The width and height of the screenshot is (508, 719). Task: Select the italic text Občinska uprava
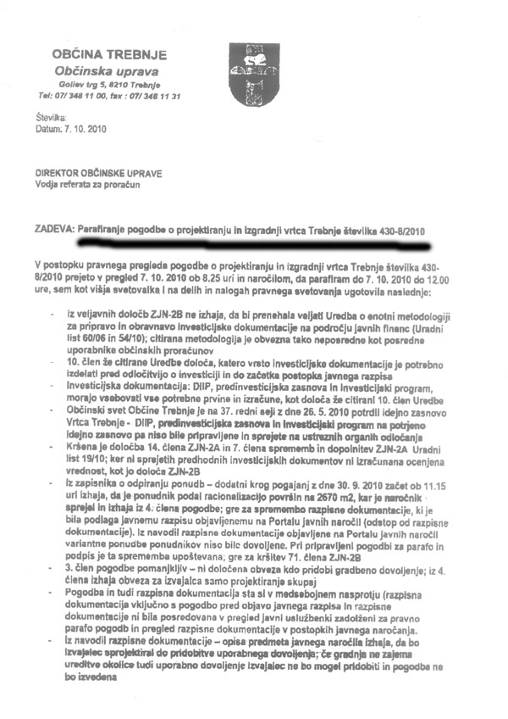106,71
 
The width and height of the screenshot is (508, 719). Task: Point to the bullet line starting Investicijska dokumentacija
254,384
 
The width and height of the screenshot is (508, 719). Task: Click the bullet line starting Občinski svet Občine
254,408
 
